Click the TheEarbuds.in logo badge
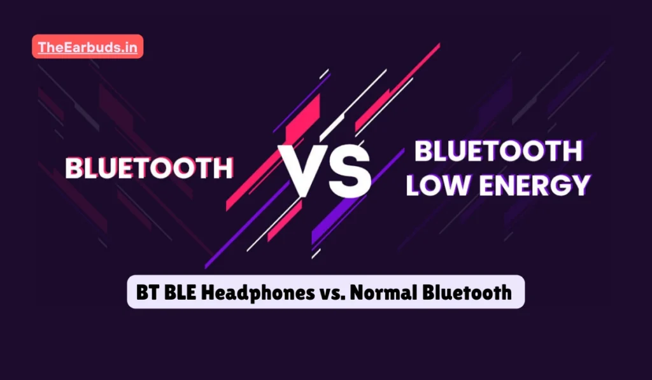[x=87, y=46]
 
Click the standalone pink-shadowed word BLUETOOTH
[x=149, y=168]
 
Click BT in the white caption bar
[x=146, y=292]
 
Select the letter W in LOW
[x=457, y=185]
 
